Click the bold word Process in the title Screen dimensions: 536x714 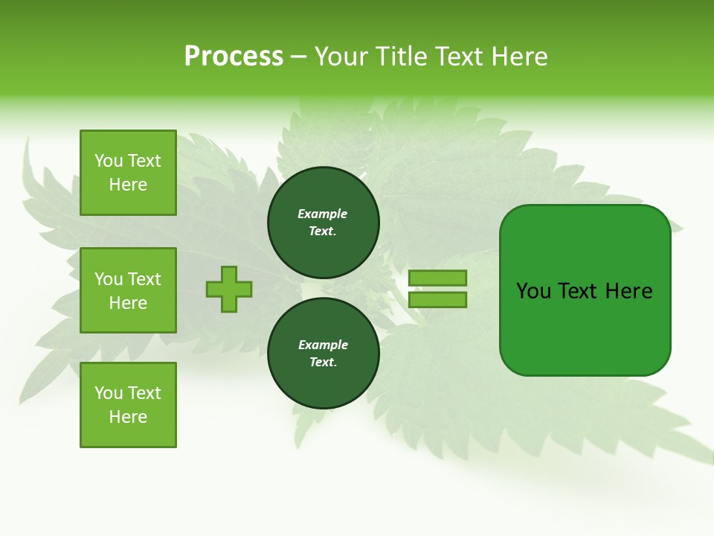tap(234, 57)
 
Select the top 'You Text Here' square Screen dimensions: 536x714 tap(128, 173)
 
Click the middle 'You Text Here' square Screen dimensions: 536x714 tap(128, 290)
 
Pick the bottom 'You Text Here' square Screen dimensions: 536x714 tap(128, 405)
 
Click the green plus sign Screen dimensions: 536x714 tap(229, 289)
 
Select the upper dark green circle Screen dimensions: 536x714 tap(323, 223)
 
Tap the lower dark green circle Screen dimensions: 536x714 tap(323, 354)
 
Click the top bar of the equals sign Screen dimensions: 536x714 tap(437, 278)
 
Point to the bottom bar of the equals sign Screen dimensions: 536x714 tap(437, 300)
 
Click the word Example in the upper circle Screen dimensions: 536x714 tap(323, 214)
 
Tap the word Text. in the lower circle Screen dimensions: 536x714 tap(323, 363)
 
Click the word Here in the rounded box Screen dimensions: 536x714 tap(628, 291)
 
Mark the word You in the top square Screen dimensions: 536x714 tap(109, 161)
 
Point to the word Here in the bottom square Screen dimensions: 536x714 tap(128, 417)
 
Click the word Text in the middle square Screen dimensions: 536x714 tap(144, 279)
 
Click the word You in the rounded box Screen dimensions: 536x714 tap(533, 291)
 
